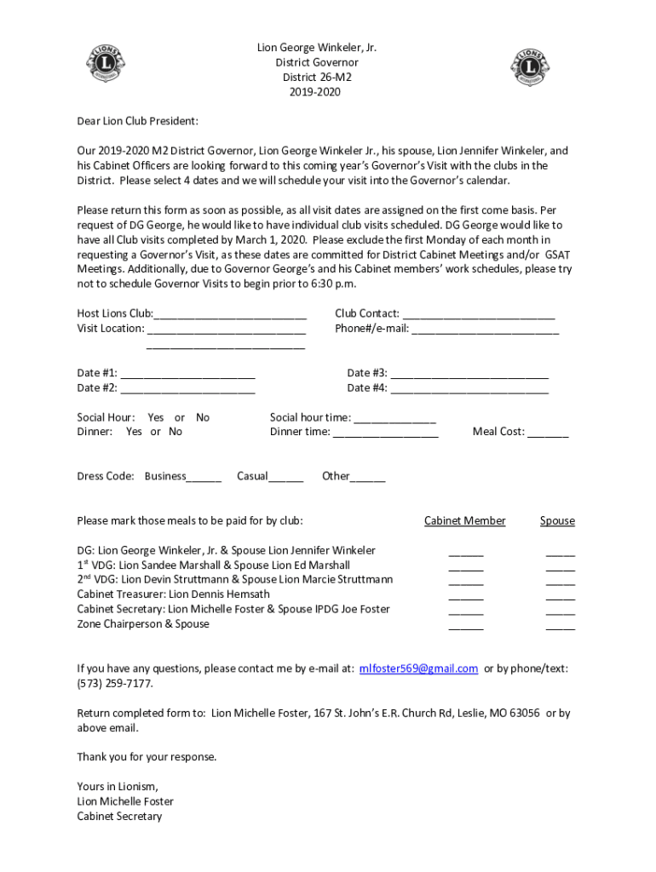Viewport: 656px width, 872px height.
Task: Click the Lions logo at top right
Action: pyautogui.click(x=531, y=67)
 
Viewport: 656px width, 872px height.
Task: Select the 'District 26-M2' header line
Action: pyautogui.click(x=316, y=77)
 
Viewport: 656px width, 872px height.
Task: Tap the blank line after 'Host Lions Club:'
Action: pyautogui.click(x=230, y=315)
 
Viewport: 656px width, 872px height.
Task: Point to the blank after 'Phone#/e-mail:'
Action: pyautogui.click(x=485, y=330)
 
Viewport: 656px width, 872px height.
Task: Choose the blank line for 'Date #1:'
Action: pyautogui.click(x=187, y=374)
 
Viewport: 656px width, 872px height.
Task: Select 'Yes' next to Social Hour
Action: pyautogui.click(x=156, y=417)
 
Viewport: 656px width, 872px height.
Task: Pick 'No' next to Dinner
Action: pyautogui.click(x=176, y=432)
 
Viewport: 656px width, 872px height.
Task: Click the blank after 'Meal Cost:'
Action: pyautogui.click(x=548, y=433)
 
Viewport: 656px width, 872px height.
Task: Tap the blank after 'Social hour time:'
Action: pyautogui.click(x=394, y=419)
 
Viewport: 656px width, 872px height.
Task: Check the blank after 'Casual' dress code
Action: pyautogui.click(x=286, y=478)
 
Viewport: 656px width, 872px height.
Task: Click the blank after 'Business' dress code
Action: pyautogui.click(x=204, y=478)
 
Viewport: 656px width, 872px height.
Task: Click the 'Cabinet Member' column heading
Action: pyautogui.click(x=465, y=521)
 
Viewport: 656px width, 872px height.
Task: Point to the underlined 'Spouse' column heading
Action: pyautogui.click(x=557, y=521)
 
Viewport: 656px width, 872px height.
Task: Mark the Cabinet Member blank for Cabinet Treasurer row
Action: pyautogui.click(x=466, y=596)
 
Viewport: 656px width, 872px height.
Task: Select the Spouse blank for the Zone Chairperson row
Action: pyautogui.click(x=560, y=626)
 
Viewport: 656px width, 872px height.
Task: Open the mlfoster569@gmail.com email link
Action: pyautogui.click(x=418, y=669)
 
